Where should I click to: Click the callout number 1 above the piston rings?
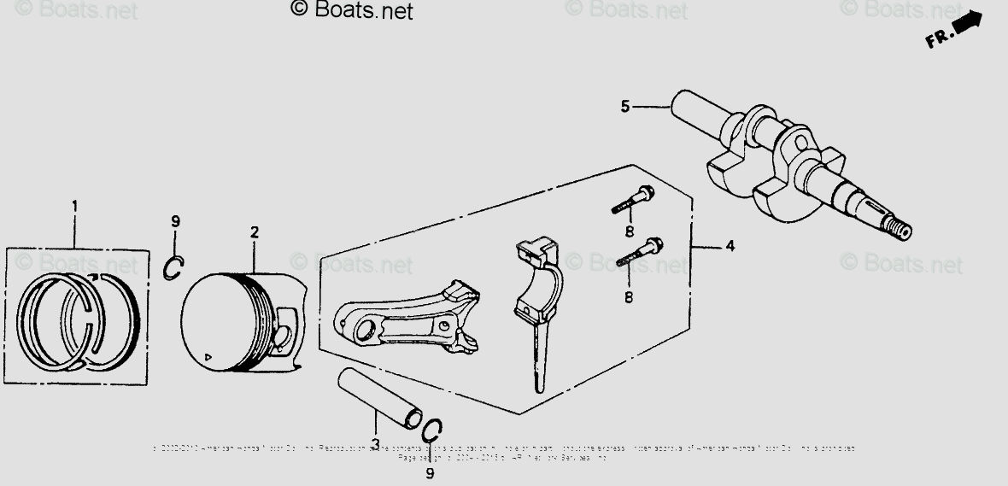click(74, 206)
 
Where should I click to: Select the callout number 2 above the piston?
click(254, 231)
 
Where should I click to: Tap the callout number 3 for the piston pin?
click(375, 442)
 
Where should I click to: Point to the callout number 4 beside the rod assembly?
click(730, 246)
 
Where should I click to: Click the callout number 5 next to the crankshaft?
click(625, 106)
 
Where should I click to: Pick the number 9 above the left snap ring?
click(175, 221)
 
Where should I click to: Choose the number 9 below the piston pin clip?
click(430, 471)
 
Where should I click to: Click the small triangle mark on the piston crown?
click(207, 354)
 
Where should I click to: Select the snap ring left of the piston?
click(174, 268)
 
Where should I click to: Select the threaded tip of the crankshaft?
click(900, 228)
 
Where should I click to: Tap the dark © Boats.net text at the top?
click(351, 10)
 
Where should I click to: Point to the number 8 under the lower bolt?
click(629, 297)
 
